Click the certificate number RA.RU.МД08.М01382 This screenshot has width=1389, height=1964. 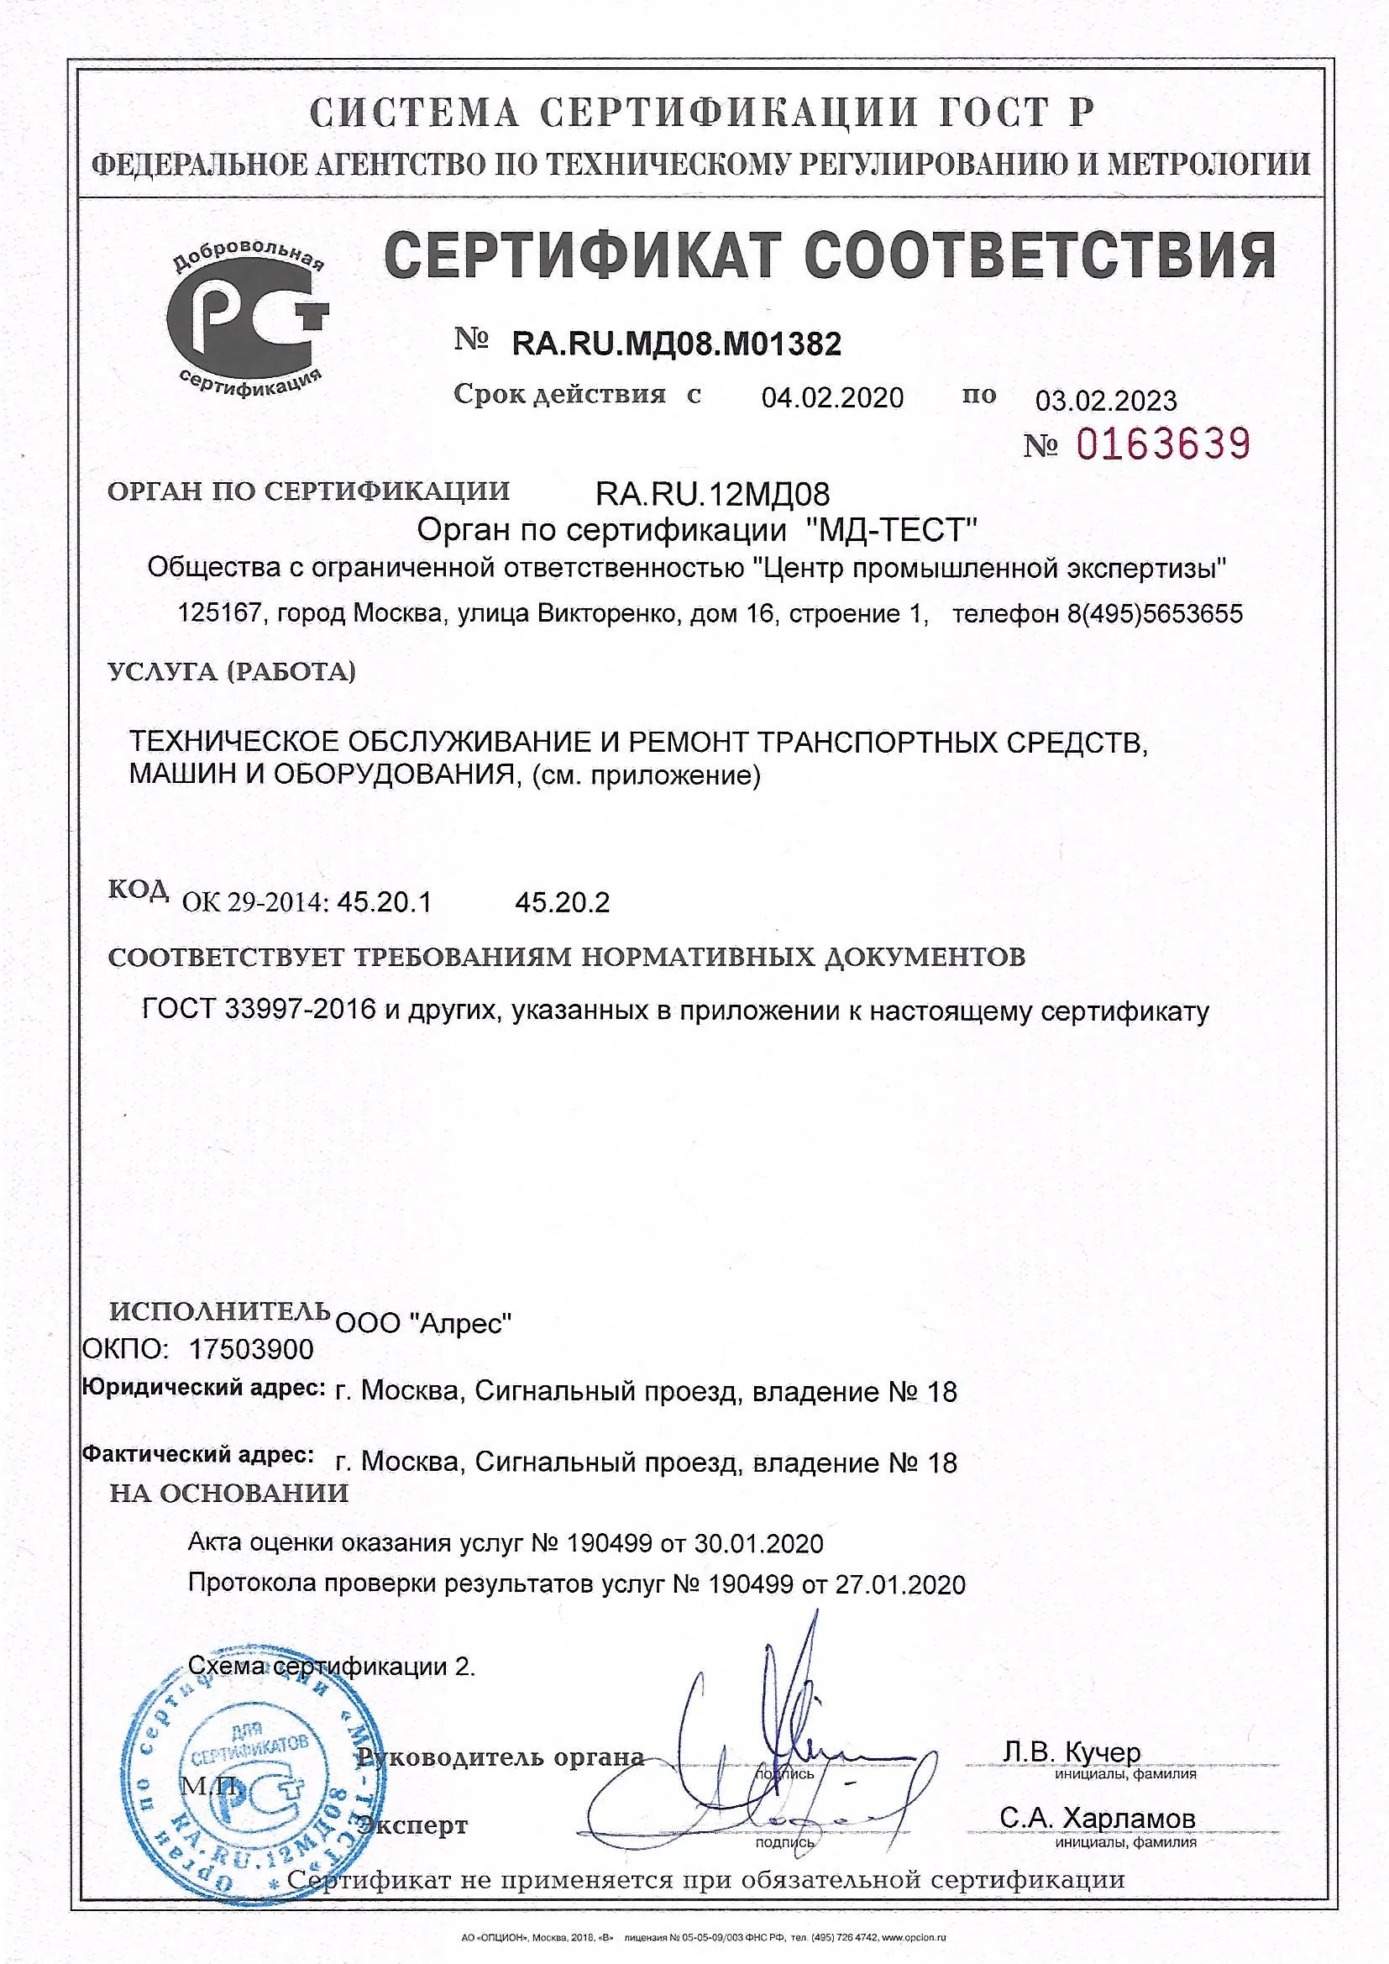click(x=676, y=344)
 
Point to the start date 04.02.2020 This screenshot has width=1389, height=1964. click(x=831, y=398)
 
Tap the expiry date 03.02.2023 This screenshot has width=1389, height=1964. click(x=1105, y=401)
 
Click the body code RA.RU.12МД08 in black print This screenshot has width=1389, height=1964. click(x=711, y=494)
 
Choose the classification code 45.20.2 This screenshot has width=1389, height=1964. click(x=562, y=902)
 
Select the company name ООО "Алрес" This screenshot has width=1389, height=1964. click(x=423, y=1323)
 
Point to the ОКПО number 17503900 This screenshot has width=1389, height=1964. click(x=250, y=1350)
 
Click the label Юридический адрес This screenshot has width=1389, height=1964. click(x=203, y=1388)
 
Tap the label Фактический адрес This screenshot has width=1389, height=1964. click(x=198, y=1454)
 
